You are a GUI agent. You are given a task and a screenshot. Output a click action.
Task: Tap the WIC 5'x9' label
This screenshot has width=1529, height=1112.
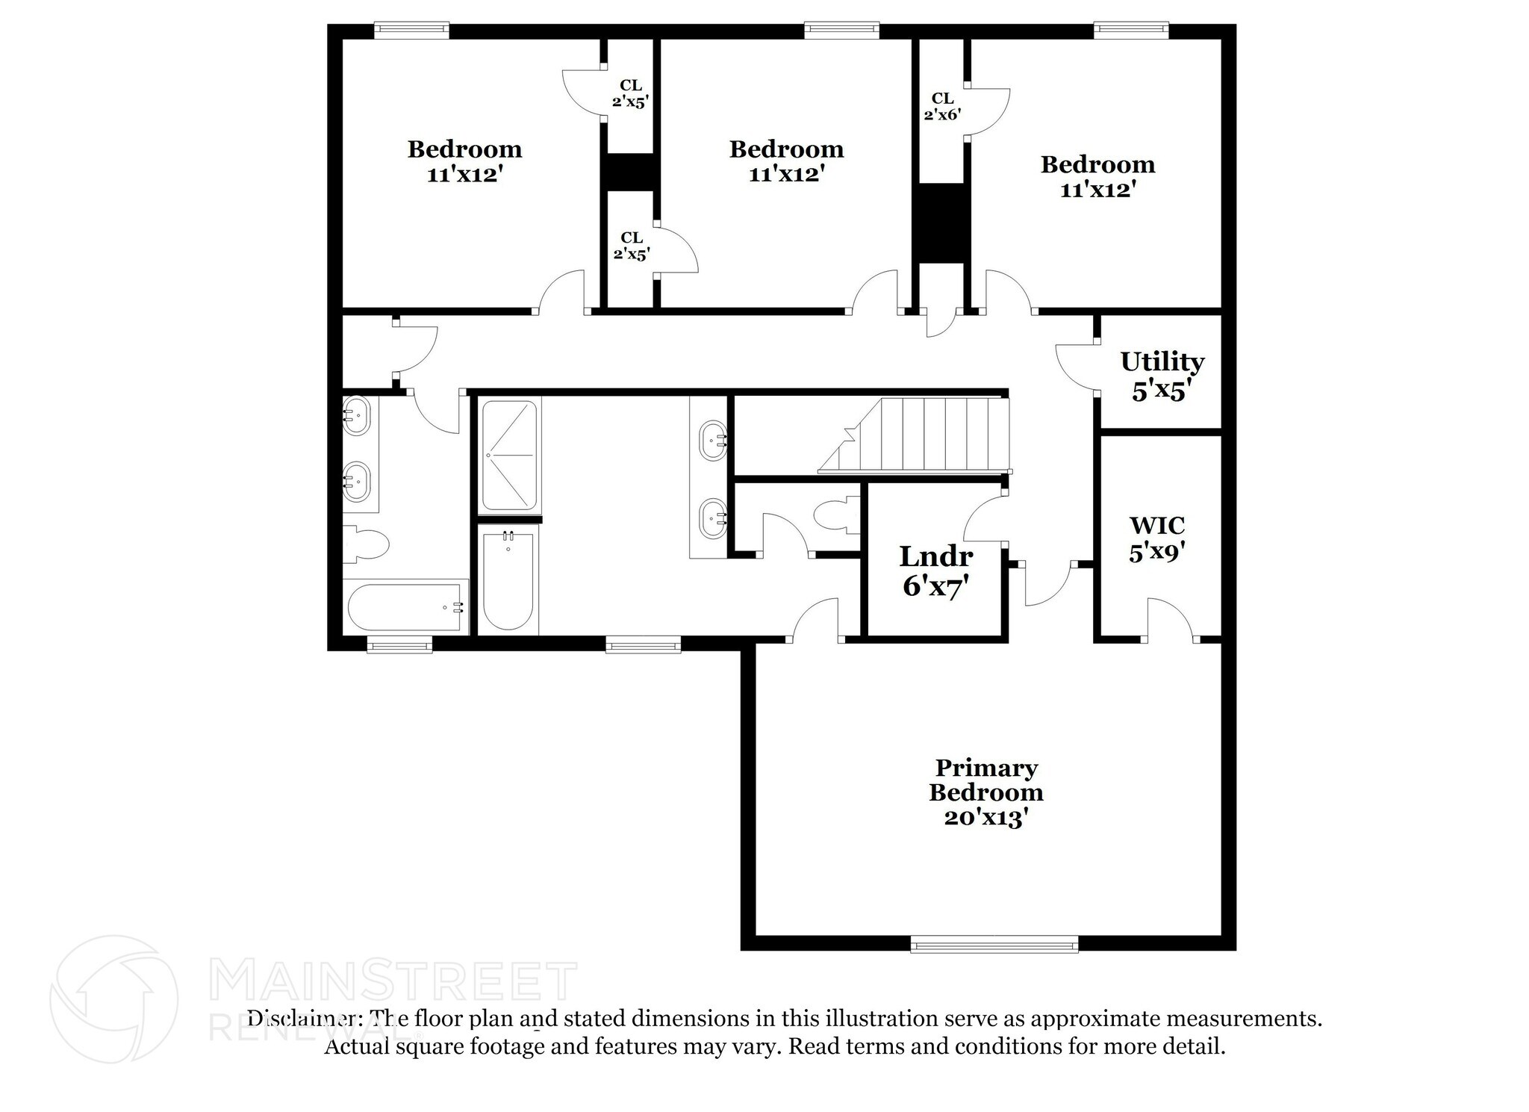click(x=1156, y=538)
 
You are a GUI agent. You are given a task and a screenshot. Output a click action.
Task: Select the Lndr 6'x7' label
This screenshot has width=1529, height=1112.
click(x=935, y=571)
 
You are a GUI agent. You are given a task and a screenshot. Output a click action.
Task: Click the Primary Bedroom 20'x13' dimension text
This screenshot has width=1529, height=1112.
click(x=986, y=818)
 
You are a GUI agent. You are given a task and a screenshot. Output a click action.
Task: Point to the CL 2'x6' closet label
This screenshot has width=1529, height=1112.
click(x=941, y=106)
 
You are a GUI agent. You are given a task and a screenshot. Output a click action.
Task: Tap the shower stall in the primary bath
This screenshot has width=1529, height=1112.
click(x=508, y=456)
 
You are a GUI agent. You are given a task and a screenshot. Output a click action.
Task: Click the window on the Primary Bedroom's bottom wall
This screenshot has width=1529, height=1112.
click(x=994, y=944)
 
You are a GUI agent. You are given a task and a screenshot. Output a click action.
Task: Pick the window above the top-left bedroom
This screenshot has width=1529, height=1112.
click(x=411, y=30)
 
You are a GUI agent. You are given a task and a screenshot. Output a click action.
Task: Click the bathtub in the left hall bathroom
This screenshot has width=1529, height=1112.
click(x=405, y=607)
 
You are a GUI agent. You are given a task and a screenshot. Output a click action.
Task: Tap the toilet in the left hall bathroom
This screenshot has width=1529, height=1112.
click(x=366, y=544)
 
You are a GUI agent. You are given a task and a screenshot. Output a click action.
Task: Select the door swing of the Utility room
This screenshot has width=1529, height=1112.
click(x=1076, y=367)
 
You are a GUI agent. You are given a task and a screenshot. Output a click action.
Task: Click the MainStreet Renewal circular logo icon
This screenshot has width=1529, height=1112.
click(x=113, y=998)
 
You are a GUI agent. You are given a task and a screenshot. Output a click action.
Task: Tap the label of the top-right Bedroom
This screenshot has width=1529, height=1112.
click(x=1097, y=176)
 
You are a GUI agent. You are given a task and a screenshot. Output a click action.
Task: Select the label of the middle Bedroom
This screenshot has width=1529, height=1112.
click(x=786, y=161)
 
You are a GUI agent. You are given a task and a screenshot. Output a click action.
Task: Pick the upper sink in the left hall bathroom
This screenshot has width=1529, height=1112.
click(x=356, y=415)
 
